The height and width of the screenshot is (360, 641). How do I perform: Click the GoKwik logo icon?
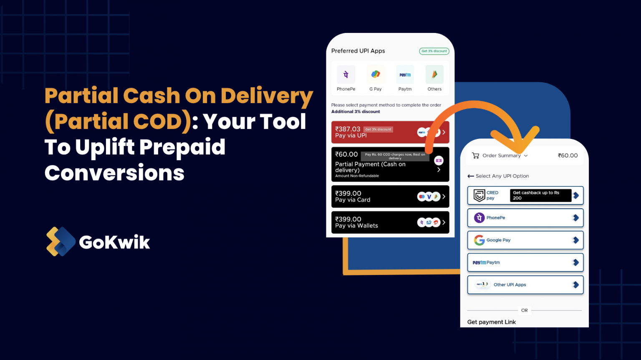[x=61, y=242]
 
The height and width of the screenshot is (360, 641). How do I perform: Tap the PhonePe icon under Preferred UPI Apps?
[x=346, y=75]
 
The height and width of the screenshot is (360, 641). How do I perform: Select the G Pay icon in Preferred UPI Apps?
[x=376, y=75]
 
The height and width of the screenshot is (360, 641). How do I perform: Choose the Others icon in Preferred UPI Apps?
[x=434, y=75]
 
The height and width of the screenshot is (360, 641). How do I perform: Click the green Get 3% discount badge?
[x=434, y=51]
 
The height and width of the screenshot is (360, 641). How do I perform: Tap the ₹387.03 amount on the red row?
[x=348, y=129]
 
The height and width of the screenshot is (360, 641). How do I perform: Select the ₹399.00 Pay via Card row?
[x=390, y=196]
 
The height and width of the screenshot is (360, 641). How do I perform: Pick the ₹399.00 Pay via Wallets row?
[x=390, y=222]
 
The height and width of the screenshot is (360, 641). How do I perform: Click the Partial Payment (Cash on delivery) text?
[x=370, y=167]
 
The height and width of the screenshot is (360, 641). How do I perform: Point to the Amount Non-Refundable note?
[x=357, y=176]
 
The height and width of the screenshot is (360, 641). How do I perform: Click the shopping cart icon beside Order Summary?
[x=475, y=156]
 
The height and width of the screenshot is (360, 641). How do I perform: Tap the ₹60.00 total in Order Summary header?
[x=568, y=156]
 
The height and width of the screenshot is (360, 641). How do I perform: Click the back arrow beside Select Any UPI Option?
[x=471, y=176]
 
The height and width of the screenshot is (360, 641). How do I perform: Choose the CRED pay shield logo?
[x=479, y=195]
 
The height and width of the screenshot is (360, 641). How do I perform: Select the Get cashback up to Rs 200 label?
[x=540, y=195]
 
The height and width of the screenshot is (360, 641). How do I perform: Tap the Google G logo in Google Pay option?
[x=479, y=240]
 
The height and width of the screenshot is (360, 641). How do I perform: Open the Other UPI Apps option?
[x=525, y=285]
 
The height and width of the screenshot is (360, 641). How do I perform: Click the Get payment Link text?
[x=491, y=322]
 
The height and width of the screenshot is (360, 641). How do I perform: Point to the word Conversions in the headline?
[x=114, y=173]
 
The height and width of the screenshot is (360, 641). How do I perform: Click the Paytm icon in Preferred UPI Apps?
[x=405, y=75]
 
